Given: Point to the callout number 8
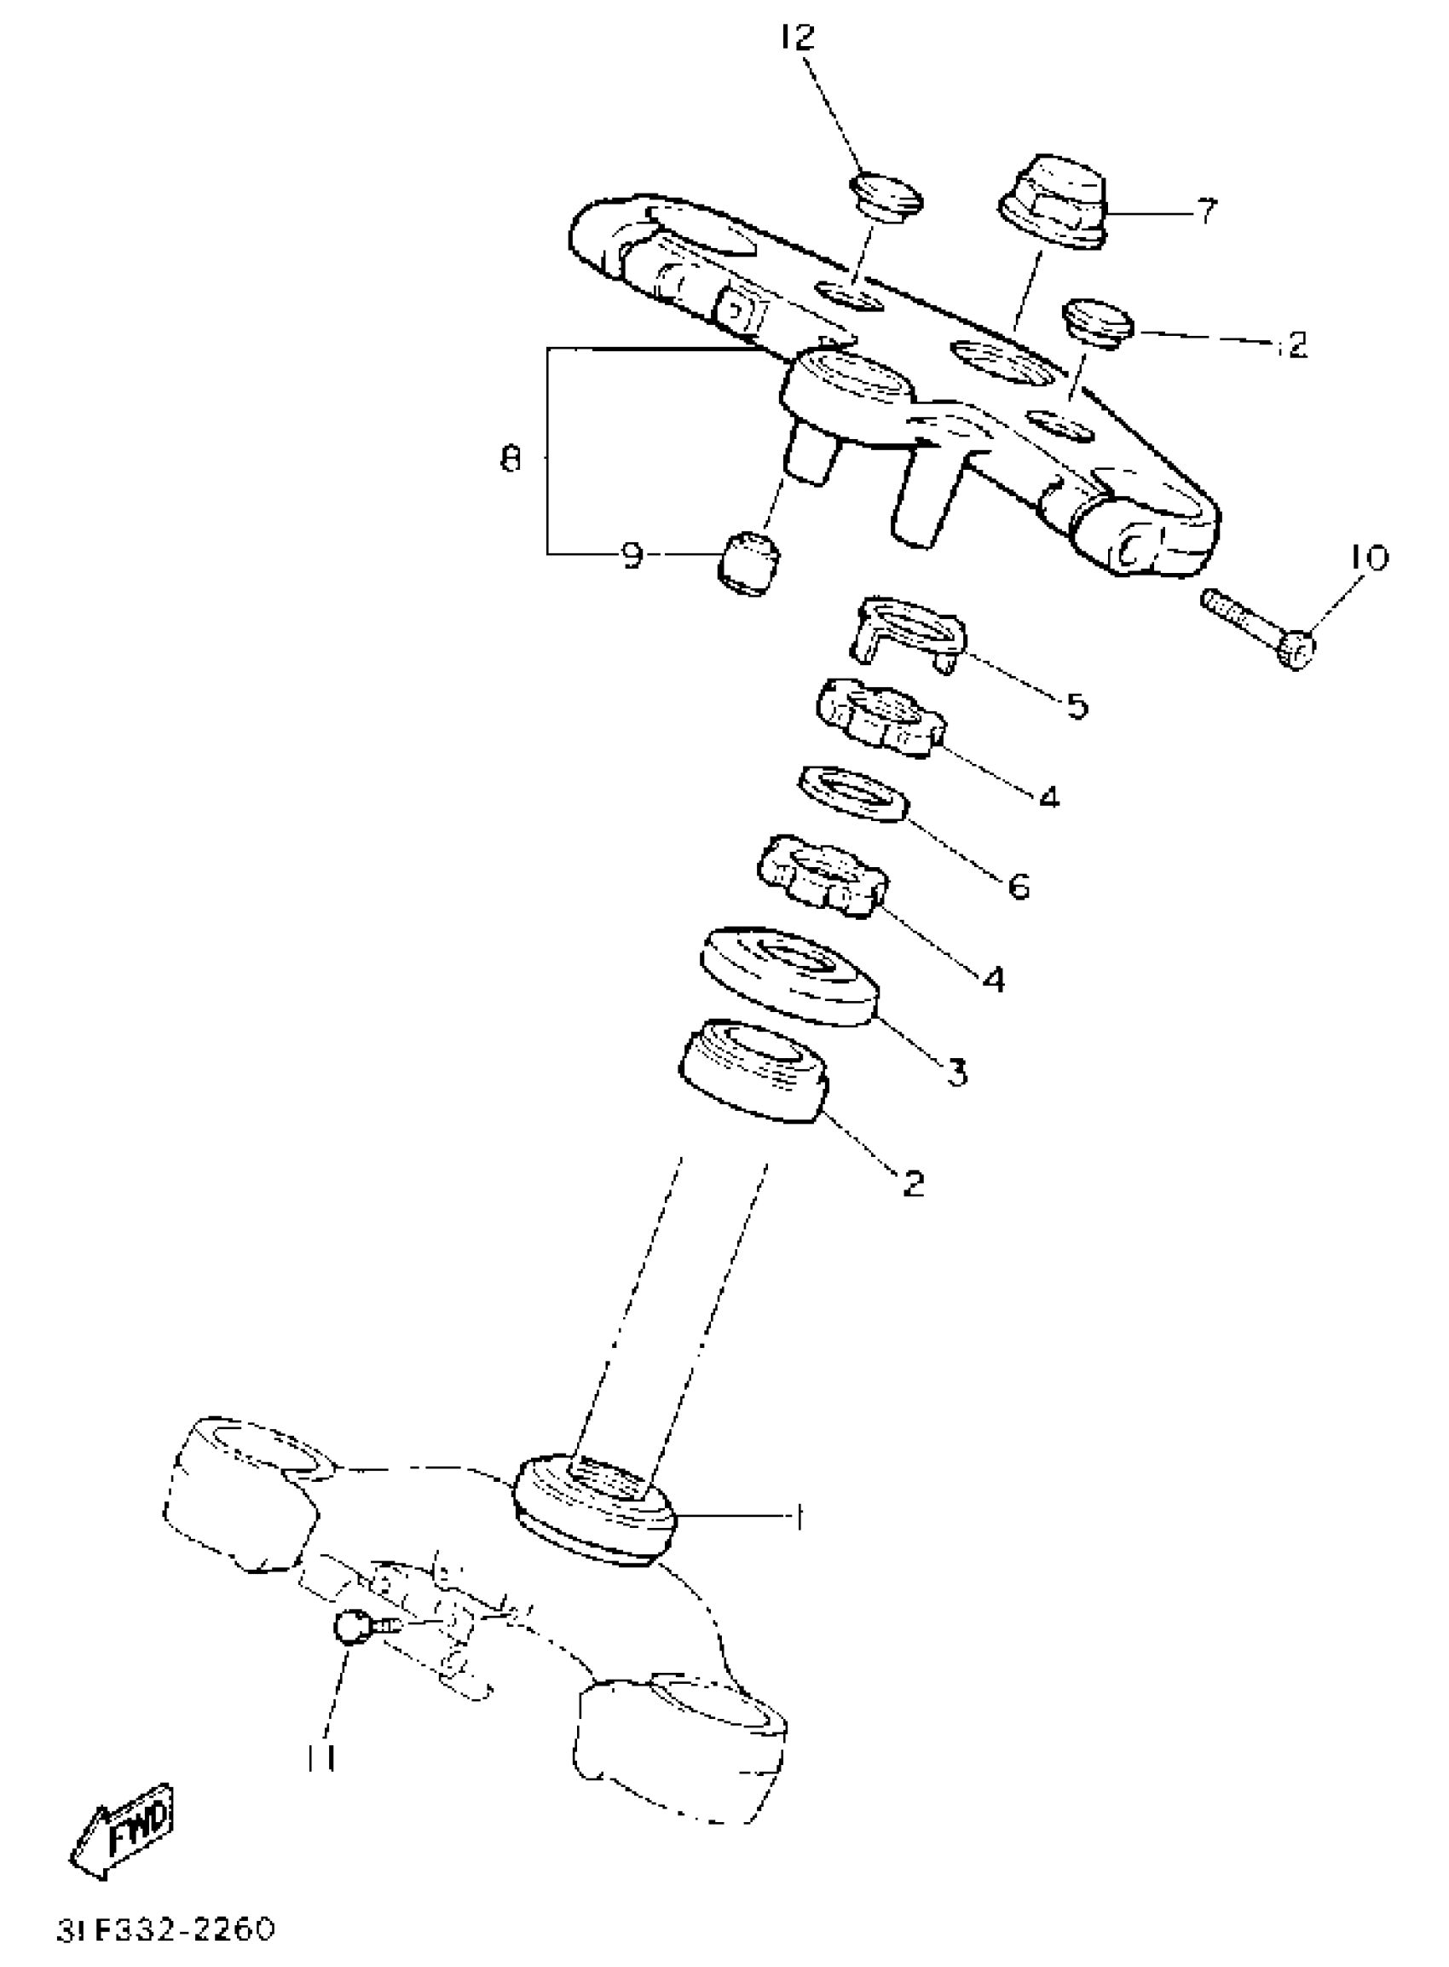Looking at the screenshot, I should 511,458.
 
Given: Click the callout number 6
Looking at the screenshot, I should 1019,886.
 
